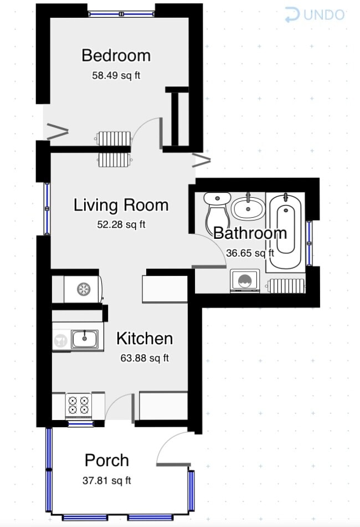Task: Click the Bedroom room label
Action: pos(116,55)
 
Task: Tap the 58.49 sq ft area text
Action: pos(116,75)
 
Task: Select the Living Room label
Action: pos(121,206)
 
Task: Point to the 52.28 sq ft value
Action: pos(121,224)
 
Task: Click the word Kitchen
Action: pos(145,339)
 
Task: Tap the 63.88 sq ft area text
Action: pos(145,358)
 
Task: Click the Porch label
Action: pos(107,461)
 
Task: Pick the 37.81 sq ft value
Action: pos(107,480)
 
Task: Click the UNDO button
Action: pos(315,15)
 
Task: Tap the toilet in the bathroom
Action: pos(217,210)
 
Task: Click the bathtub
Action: pos(285,231)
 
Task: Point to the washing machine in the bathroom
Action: pos(245,280)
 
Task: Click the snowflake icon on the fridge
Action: pos(84,289)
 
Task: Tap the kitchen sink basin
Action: pos(85,339)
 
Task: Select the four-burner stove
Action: pos(79,405)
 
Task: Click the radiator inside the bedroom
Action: pos(114,139)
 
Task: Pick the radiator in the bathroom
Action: pos(286,286)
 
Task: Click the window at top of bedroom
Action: pos(121,14)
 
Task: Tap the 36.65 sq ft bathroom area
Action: pos(250,253)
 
